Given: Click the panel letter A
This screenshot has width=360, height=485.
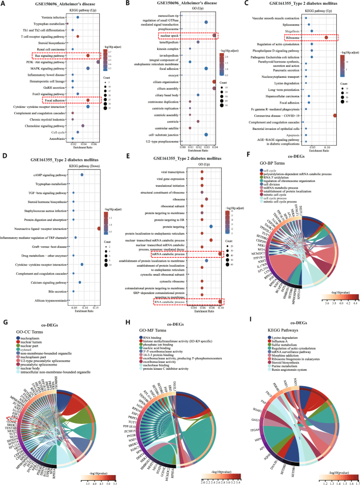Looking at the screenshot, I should point(4,4).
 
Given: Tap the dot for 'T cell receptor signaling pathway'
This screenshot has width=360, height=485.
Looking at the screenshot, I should point(78,36).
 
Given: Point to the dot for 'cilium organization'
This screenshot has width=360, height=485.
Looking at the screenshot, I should point(213,82).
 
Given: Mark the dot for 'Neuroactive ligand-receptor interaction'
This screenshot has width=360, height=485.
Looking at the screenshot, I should point(99,228).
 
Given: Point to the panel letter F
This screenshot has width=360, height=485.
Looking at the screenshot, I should point(250,155).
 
